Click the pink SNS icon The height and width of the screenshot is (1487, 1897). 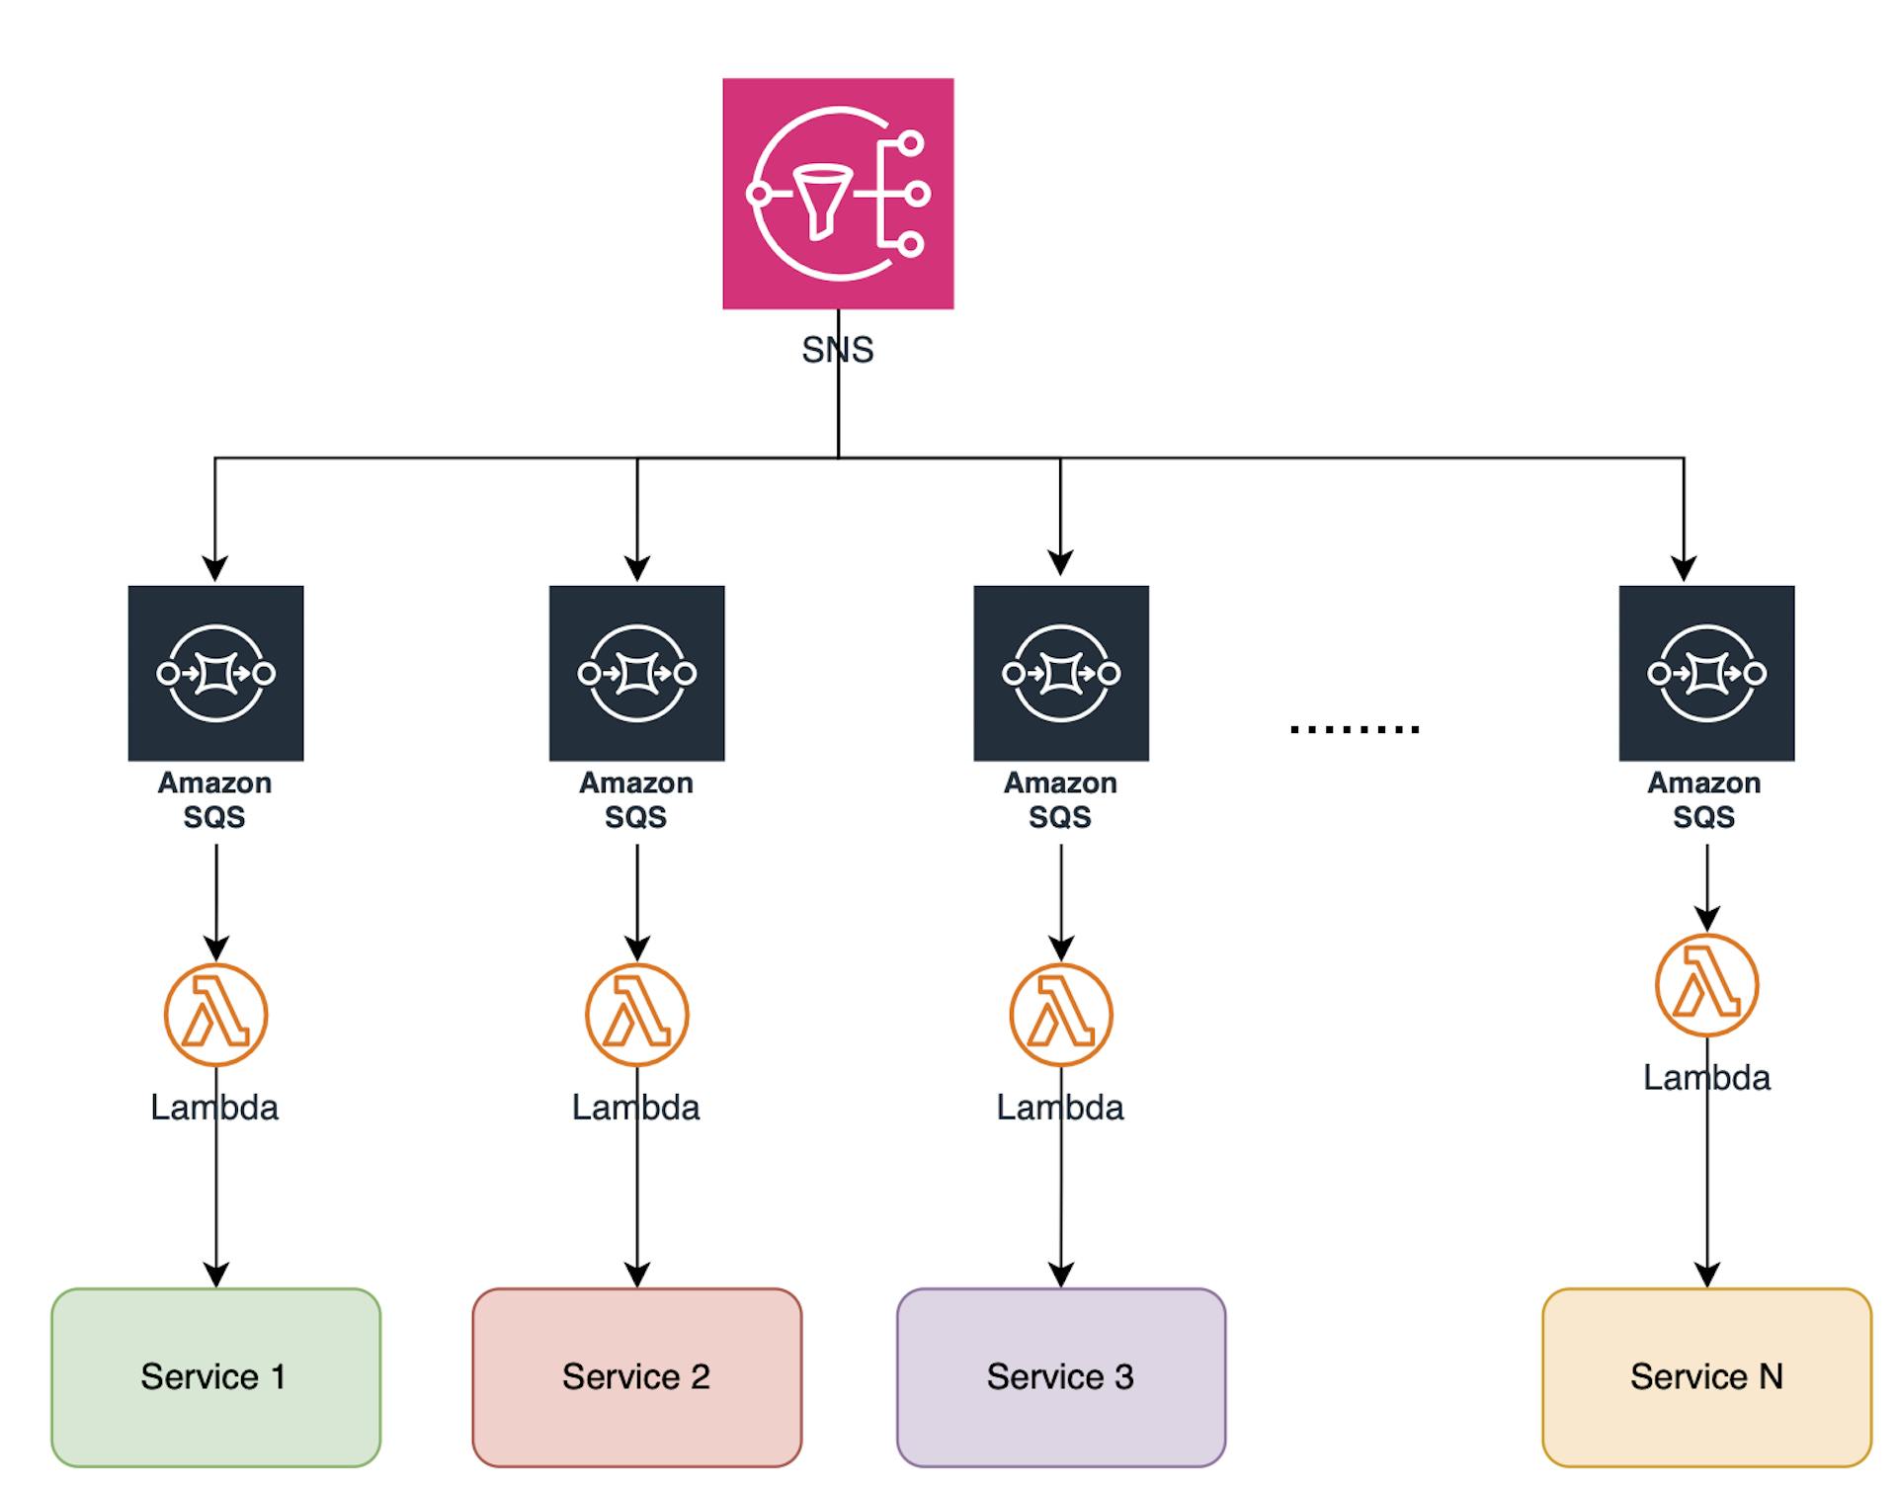[x=838, y=194]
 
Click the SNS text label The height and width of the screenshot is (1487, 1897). [x=838, y=350]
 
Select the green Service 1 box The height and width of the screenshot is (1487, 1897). [x=215, y=1376]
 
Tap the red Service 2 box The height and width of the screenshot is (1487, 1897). [x=636, y=1376]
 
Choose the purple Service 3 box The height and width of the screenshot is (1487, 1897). [x=1060, y=1376]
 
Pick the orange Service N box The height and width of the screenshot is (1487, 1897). [x=1706, y=1376]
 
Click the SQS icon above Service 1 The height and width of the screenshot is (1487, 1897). [x=215, y=673]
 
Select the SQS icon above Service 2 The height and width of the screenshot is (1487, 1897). [x=636, y=673]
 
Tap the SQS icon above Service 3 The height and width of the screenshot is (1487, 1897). [x=1060, y=673]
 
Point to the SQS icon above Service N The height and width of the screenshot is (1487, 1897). [x=1706, y=673]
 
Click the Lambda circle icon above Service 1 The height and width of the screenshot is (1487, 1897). [x=215, y=1015]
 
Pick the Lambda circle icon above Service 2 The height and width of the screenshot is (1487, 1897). [x=636, y=1015]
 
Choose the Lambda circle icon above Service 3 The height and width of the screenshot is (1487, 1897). [x=1060, y=1015]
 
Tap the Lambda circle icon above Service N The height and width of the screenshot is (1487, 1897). [x=1706, y=985]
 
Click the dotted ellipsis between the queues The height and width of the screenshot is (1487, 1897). [x=1354, y=729]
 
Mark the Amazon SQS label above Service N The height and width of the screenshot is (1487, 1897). [x=1703, y=799]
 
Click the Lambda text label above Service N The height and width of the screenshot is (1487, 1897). [x=1706, y=1077]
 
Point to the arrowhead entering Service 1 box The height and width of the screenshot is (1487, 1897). [x=215, y=1275]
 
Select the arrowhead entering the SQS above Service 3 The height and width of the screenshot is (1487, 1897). [x=1060, y=563]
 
